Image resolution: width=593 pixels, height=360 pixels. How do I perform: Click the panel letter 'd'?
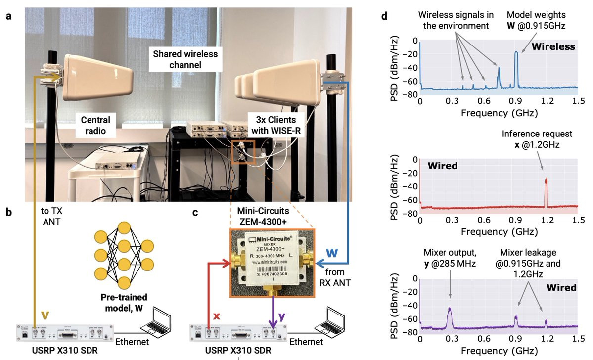coord(385,17)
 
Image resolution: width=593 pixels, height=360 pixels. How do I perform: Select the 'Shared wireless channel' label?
coord(185,59)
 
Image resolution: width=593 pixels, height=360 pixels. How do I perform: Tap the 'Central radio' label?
coord(95,126)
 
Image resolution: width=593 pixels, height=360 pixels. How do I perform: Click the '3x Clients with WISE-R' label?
coord(275,125)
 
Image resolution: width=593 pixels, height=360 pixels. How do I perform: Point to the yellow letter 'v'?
coord(45,315)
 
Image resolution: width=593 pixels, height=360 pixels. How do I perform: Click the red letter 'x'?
coord(217,316)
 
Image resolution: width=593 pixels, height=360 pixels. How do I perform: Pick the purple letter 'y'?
coord(282,316)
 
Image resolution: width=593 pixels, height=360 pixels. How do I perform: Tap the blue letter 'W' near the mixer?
coord(332,253)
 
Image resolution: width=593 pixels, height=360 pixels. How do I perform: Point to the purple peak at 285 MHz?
coord(450,317)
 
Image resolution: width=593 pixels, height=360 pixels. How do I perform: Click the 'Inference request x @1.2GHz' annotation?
coord(537,139)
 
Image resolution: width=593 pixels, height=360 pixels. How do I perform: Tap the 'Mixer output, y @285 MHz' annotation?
coord(450,258)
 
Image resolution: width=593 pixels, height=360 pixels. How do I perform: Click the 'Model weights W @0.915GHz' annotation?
coord(536,20)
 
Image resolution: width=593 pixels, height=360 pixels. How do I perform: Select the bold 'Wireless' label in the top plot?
coord(553,46)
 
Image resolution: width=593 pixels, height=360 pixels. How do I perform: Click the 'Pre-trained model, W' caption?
coord(124,303)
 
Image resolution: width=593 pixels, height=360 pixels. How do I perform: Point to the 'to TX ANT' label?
coord(51,216)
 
